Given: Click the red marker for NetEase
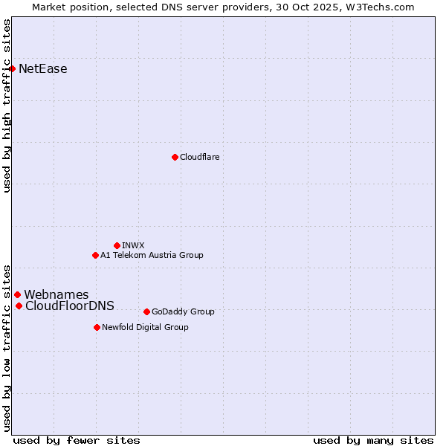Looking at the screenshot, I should click(x=12, y=69).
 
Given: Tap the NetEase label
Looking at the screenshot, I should click(x=43, y=69).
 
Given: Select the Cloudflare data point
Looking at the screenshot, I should click(x=175, y=157).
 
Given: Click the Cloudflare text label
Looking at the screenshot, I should click(x=199, y=157).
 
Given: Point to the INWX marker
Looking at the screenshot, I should click(x=117, y=245).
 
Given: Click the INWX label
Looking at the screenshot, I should click(x=133, y=245).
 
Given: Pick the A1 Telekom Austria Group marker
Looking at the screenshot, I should click(x=95, y=255).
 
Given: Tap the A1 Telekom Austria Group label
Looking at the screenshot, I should click(x=152, y=255).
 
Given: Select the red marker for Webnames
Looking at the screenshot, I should click(x=17, y=295).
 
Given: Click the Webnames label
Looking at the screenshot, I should click(x=56, y=295).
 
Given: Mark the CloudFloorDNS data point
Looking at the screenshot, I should click(x=19, y=306).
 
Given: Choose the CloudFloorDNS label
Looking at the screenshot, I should click(x=70, y=306).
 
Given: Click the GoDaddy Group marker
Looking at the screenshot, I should click(x=146, y=311).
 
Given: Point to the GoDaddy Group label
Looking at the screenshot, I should click(x=183, y=311).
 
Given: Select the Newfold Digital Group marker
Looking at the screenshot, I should click(x=97, y=327).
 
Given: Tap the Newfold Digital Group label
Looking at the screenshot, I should click(x=145, y=327).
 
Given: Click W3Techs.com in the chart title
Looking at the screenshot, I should click(x=384, y=7).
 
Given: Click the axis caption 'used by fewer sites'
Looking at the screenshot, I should click(x=77, y=440).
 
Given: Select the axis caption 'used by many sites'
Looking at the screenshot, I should click(x=373, y=440).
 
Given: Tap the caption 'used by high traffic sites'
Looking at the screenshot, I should click(x=7, y=106).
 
